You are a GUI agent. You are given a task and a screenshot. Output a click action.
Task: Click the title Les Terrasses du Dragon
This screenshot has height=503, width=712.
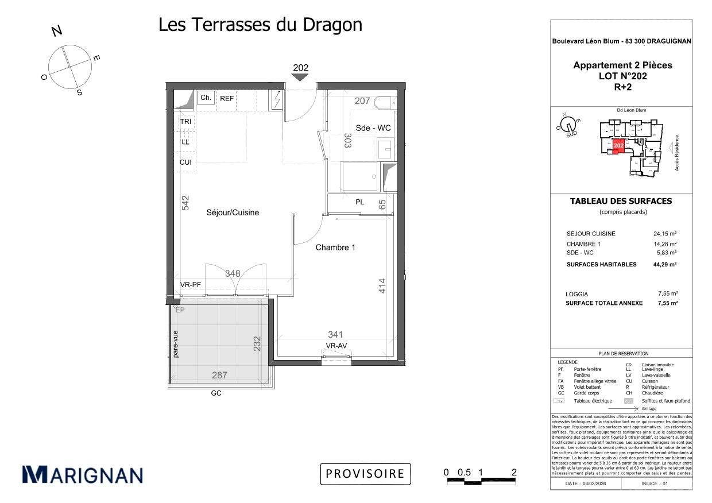tap(260, 25)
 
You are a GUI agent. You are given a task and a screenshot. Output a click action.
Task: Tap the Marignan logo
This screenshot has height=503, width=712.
tap(82, 475)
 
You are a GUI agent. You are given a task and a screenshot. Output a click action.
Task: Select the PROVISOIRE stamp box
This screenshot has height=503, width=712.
tap(365, 474)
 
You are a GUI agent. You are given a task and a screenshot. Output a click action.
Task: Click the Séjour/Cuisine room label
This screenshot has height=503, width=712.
tap(233, 212)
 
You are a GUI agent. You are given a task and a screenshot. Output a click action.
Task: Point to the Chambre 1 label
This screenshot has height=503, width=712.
tap(335, 247)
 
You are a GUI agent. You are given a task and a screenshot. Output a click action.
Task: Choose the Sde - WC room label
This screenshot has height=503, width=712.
tap(373, 128)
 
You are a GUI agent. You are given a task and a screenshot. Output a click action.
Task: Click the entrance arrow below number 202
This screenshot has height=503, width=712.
tap(300, 78)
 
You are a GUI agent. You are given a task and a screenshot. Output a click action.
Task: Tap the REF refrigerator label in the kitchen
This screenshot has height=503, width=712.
tap(227, 99)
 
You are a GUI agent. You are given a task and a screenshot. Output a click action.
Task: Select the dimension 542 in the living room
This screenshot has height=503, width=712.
tap(185, 203)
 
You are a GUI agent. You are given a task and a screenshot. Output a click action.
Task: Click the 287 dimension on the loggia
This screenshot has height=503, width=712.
tap(219, 375)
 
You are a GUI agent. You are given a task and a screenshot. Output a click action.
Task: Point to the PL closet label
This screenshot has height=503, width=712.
tap(360, 202)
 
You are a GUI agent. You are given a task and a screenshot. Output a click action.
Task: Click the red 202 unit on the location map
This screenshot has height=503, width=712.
tap(618, 146)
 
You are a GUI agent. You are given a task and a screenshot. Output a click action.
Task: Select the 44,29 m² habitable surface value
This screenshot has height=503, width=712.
tap(665, 265)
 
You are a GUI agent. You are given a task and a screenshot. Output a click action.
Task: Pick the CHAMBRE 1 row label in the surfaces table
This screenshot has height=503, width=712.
tap(583, 244)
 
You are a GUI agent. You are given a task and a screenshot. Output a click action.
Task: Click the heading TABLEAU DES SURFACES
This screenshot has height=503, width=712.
tap(620, 201)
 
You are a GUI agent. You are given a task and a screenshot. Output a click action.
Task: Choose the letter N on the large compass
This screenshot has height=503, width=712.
tap(57, 31)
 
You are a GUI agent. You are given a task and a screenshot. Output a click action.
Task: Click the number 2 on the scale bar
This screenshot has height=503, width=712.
tap(514, 473)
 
